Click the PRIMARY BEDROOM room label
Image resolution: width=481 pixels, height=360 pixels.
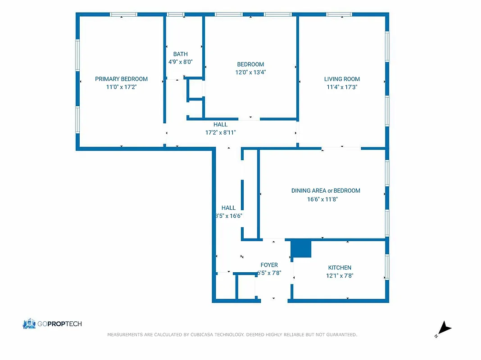121,79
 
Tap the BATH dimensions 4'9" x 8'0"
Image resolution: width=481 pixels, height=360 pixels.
180,62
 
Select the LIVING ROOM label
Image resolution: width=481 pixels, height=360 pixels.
342,79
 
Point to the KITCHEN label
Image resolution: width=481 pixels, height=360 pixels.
340,267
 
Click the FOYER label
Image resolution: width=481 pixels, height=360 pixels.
269,265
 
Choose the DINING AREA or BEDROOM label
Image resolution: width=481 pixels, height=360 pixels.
325,190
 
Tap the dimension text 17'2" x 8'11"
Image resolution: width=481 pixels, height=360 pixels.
220,132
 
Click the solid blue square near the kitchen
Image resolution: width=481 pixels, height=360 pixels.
301,248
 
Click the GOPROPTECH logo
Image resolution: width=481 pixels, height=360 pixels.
52,324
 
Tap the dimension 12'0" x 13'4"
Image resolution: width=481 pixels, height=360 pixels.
250,72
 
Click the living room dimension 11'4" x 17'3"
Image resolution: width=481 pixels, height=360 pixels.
342,87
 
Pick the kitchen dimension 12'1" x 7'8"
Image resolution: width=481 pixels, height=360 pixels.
340,275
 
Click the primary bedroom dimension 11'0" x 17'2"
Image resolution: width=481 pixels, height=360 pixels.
121,87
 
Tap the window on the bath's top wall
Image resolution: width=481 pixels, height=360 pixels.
175,15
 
